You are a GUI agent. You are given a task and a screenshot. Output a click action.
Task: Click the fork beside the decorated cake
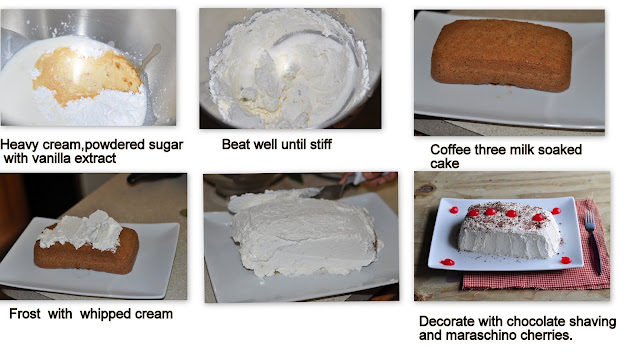593,241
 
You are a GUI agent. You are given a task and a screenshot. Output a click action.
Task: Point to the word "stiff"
320,144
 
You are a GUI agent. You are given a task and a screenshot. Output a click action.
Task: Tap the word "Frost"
25,314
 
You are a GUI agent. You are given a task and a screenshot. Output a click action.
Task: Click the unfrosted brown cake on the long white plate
502,55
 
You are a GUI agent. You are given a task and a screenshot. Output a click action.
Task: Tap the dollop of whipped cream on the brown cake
82,231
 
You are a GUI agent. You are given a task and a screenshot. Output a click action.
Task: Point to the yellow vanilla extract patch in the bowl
86,74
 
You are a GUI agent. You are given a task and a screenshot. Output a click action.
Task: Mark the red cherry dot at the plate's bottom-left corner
447,262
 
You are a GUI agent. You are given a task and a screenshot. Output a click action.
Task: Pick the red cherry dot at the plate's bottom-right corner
566,260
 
